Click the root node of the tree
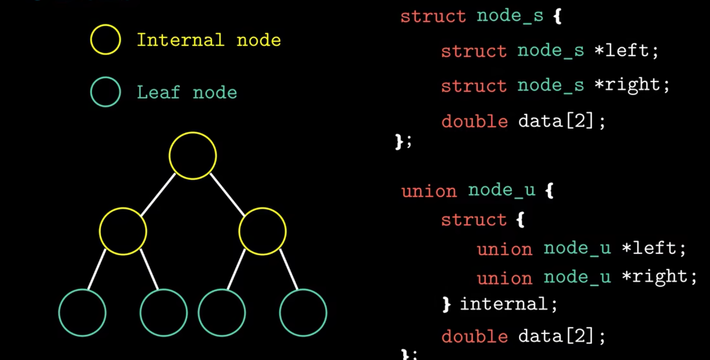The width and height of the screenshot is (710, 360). [192, 155]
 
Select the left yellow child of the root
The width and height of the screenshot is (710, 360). [123, 231]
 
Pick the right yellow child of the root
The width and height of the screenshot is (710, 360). [262, 231]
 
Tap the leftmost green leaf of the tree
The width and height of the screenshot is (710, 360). [82, 313]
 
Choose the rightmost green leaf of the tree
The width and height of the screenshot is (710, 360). [303, 313]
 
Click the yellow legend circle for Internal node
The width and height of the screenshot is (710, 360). [105, 40]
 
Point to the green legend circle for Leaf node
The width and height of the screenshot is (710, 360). [105, 92]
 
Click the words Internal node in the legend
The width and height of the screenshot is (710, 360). [209, 40]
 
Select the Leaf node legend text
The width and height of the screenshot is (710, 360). [187, 93]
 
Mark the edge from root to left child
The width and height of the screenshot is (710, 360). [158, 194]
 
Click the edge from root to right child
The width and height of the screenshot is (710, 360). [227, 194]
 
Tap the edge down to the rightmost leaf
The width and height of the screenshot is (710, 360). [289, 270]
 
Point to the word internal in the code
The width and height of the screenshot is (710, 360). [504, 304]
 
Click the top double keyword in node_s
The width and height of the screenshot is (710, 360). [474, 121]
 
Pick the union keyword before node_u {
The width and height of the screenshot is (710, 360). [429, 191]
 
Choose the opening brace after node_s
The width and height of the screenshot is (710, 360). [558, 16]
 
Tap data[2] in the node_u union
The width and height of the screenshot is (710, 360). [556, 336]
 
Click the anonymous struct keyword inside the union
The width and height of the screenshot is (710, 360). [474, 220]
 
